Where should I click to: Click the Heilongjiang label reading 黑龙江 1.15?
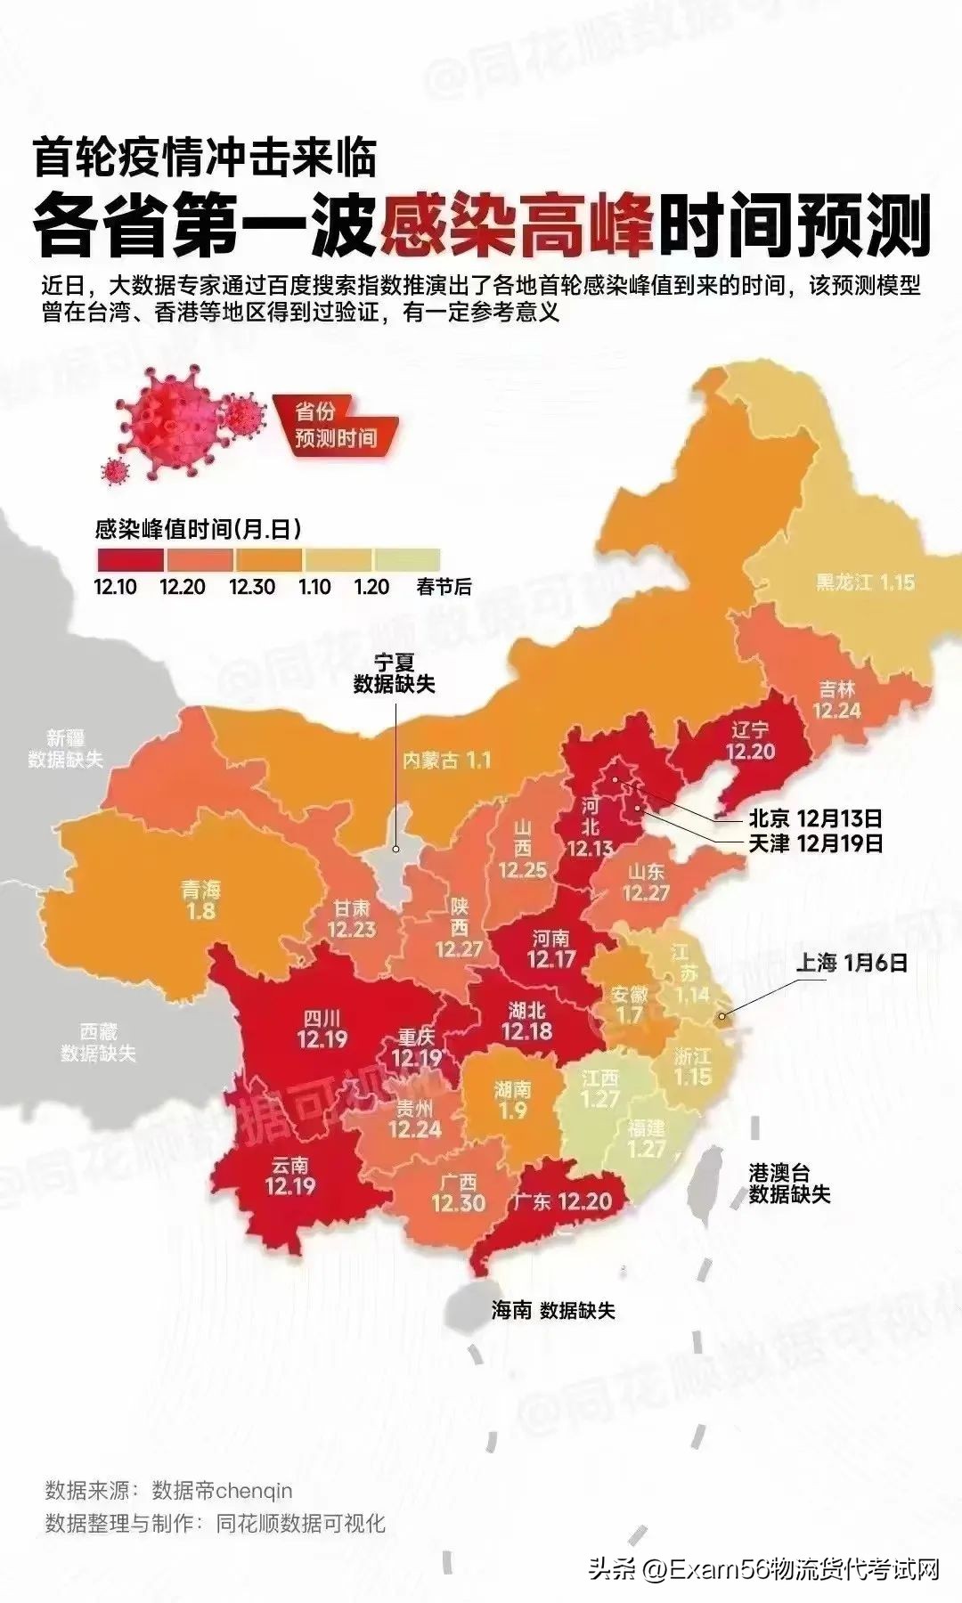coord(865,582)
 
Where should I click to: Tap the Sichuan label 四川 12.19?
coord(322,1029)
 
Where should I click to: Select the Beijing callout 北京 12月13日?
coord(815,818)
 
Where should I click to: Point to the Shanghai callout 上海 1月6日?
coord(851,962)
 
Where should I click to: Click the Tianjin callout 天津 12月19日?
coord(815,842)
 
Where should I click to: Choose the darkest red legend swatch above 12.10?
coord(130,559)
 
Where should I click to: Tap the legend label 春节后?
coord(444,587)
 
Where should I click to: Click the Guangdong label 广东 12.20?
coord(562,1201)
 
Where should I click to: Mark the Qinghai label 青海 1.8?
coord(200,899)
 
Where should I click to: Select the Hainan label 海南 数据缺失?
coord(553,1310)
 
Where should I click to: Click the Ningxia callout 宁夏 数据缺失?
coord(394,673)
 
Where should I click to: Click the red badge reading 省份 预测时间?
coord(336,425)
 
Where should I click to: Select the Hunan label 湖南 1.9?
coord(513,1100)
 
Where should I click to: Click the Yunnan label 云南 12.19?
coord(290,1176)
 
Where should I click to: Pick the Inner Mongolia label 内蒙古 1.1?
coord(446,761)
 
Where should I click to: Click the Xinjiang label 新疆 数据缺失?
coord(65,749)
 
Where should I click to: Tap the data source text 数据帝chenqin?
coord(222,1490)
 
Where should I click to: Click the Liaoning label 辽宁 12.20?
coord(750,741)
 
